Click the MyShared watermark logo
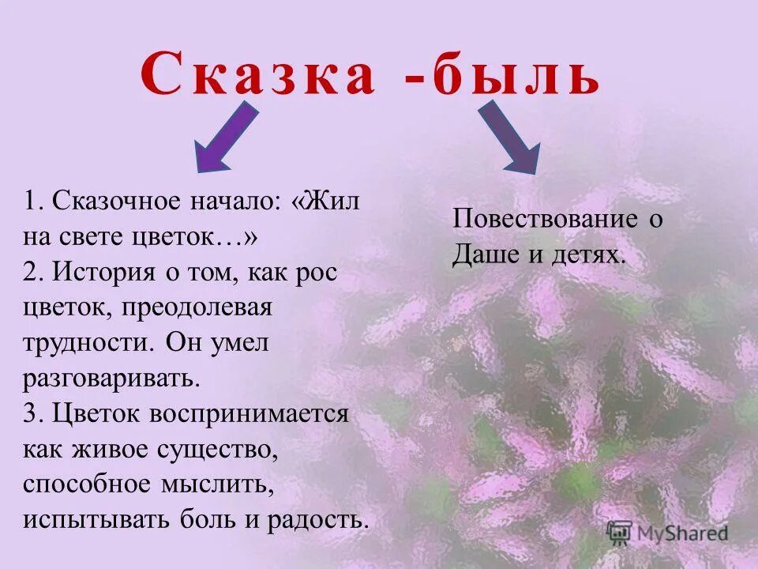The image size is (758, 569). pyautogui.click(x=667, y=533)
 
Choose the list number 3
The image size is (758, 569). pyautogui.click(x=30, y=413)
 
